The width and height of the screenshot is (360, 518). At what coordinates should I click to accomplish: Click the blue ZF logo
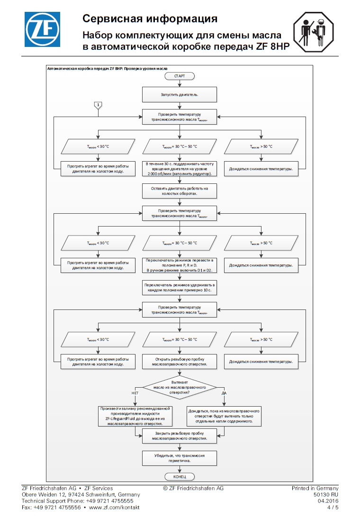coord(42,29)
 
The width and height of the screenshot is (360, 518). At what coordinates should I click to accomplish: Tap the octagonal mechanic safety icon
coord(314,32)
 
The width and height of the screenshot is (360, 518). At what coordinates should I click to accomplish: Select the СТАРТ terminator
coord(180,76)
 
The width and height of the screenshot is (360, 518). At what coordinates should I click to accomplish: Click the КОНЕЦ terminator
coord(180,477)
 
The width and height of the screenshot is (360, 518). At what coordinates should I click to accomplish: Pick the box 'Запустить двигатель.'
coord(180,94)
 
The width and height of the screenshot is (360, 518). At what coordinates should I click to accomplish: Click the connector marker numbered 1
coord(98,105)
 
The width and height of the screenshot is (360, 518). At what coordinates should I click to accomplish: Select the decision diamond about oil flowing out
coord(180,388)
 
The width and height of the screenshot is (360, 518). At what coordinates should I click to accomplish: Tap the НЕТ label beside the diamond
coord(135,393)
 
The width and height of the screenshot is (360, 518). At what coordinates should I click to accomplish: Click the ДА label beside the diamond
coord(224,393)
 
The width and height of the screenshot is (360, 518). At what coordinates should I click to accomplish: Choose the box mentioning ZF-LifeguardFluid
coord(135,416)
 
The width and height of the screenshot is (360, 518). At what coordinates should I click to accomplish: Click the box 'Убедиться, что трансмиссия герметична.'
coord(180,458)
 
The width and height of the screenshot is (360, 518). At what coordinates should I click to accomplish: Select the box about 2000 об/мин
coord(180,169)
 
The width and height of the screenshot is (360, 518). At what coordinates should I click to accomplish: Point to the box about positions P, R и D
coord(180,265)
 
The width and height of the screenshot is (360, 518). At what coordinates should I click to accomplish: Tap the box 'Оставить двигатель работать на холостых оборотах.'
coord(180,191)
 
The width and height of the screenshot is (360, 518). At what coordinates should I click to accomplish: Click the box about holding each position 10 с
coord(180,287)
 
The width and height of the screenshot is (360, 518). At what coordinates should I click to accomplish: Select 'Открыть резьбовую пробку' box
coord(180,362)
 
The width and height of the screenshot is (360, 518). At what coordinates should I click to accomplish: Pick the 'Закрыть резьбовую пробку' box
coord(180,436)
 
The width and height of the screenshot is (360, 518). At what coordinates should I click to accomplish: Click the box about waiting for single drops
coord(224,416)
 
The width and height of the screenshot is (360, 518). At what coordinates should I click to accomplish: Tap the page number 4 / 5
coord(333,508)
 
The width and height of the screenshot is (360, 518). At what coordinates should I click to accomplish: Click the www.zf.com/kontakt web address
coord(114,508)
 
